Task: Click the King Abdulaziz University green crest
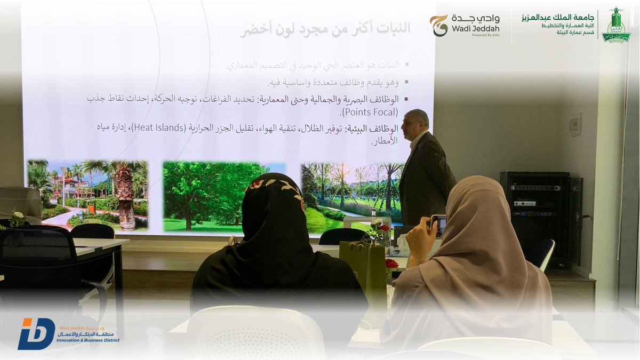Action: [x=616, y=26]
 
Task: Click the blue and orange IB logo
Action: [x=36, y=333]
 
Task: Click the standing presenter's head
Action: [x=417, y=123]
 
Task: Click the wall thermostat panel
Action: [x=575, y=124]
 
